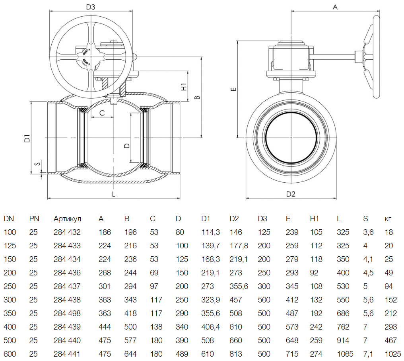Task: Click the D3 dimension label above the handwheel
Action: click(x=91, y=7)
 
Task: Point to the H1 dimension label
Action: click(x=183, y=87)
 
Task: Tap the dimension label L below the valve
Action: click(x=114, y=194)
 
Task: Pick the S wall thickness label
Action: click(x=37, y=164)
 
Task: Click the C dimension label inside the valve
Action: click(x=102, y=113)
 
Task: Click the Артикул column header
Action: click(x=67, y=219)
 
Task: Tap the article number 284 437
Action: click(x=67, y=286)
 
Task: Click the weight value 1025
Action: click(x=393, y=354)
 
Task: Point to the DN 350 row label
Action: click(x=10, y=313)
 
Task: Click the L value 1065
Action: click(x=345, y=354)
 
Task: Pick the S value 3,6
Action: click(x=368, y=232)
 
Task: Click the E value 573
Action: click(x=292, y=327)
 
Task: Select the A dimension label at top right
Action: click(x=335, y=7)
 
